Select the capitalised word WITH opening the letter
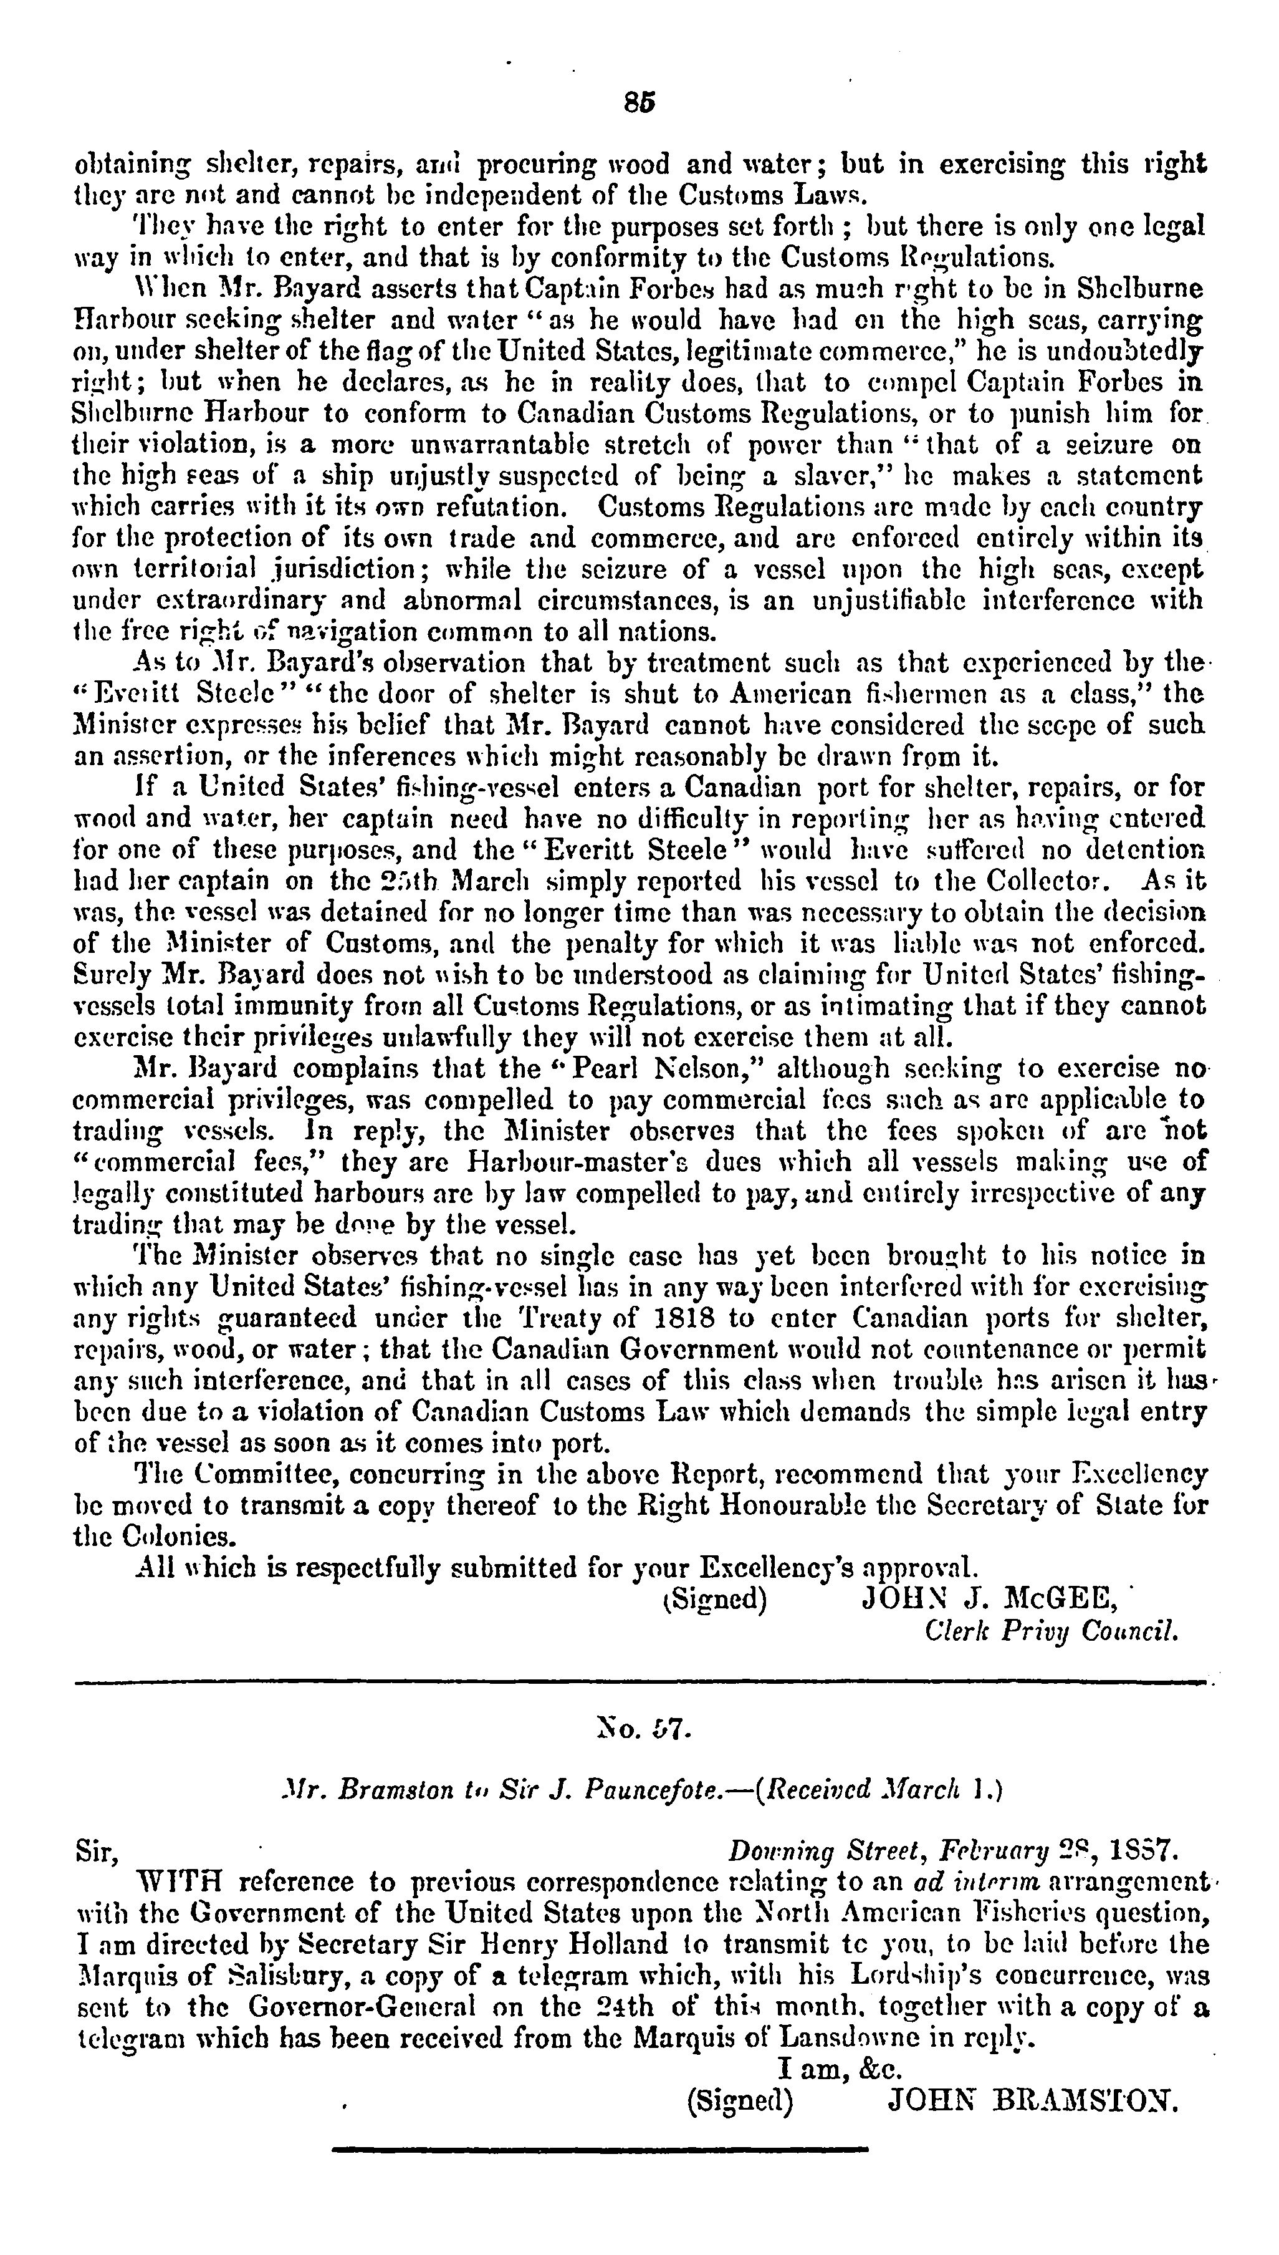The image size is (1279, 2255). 180,1883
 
